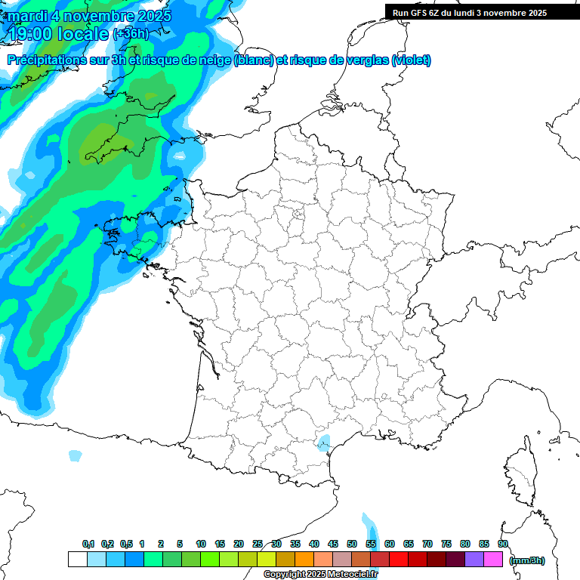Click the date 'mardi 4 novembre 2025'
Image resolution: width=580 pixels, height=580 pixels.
pyautogui.click(x=90, y=15)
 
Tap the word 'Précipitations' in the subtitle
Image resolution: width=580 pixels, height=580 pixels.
pyautogui.click(x=46, y=60)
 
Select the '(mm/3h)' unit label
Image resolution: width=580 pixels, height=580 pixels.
pyautogui.click(x=527, y=560)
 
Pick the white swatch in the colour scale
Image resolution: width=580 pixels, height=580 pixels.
pyautogui.click(x=77, y=560)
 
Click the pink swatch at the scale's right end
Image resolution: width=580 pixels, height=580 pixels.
pyautogui.click(x=493, y=560)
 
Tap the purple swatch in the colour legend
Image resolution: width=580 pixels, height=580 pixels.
pyautogui.click(x=474, y=560)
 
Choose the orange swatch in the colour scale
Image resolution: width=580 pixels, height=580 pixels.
pyautogui.click(x=304, y=560)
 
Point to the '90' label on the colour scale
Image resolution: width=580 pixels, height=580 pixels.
pyautogui.click(x=503, y=544)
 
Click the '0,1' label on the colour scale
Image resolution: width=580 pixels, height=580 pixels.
pyautogui.click(x=88, y=544)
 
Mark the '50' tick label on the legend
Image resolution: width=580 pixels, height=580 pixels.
pyautogui.click(x=352, y=544)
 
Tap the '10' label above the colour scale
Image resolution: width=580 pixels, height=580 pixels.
pyautogui.click(x=201, y=544)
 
